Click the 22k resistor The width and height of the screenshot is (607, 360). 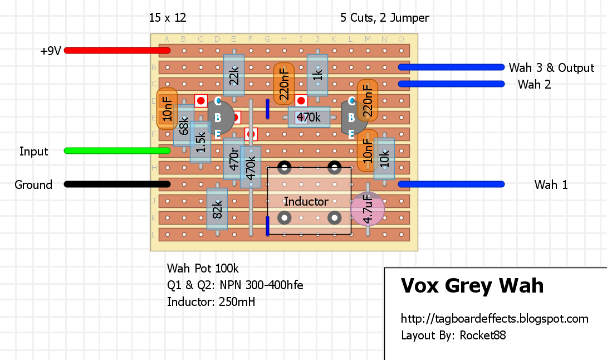[x=234, y=75]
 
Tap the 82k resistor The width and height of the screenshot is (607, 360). [x=217, y=209]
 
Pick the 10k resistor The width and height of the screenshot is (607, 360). [x=384, y=159]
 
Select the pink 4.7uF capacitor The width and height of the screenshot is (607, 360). [x=368, y=209]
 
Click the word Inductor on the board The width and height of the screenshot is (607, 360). [x=306, y=201]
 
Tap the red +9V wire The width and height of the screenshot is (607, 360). [x=117, y=50]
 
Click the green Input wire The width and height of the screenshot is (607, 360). [x=117, y=150]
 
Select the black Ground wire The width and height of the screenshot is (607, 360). [x=117, y=184]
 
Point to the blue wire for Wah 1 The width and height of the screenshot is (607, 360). [x=451, y=184]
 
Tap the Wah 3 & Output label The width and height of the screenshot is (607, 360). [x=551, y=67]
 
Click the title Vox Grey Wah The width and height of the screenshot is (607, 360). [x=472, y=286]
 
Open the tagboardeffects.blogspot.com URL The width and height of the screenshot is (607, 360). [x=495, y=319]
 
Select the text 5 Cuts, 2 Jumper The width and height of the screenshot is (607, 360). [x=385, y=18]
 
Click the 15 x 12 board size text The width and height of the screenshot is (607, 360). [x=168, y=18]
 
